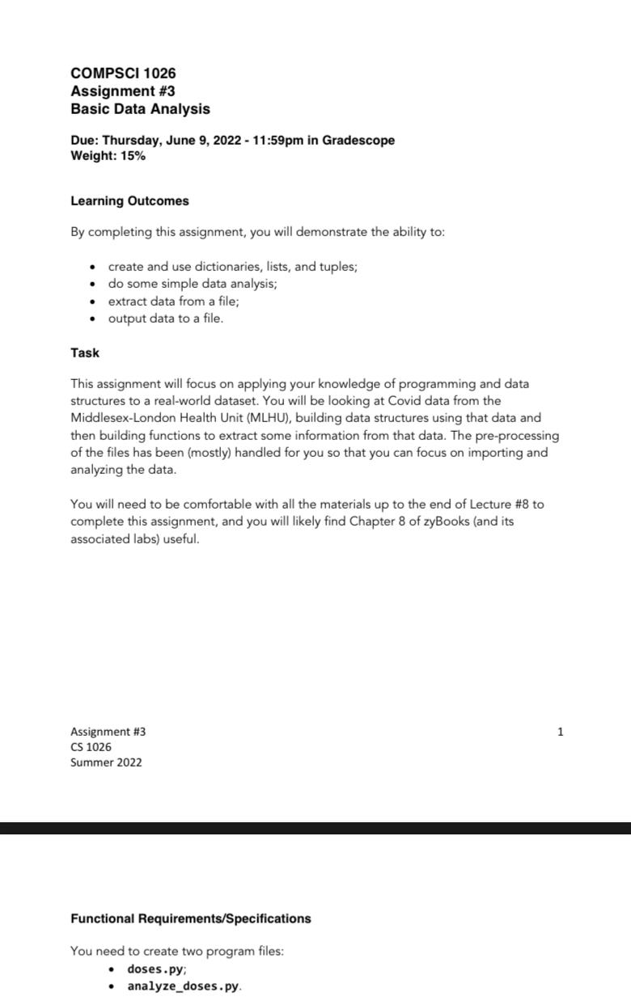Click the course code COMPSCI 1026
[123, 74]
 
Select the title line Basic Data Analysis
[140, 109]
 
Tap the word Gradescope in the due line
[358, 141]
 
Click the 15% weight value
[133, 156]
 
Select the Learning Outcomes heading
[129, 201]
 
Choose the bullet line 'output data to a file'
[165, 319]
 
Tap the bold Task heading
[85, 353]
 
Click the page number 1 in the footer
[561, 732]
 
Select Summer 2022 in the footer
[106, 762]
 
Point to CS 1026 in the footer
[91, 747]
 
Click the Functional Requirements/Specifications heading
[190, 919]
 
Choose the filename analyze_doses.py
[183, 986]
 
